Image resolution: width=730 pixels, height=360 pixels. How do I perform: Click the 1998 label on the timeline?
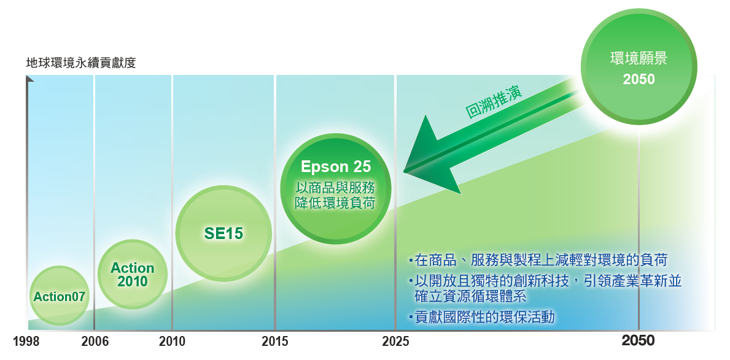26,342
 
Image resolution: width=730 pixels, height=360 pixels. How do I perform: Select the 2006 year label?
95,342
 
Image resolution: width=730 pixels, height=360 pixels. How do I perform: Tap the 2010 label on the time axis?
172,342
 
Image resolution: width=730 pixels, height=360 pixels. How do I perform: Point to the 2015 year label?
274,342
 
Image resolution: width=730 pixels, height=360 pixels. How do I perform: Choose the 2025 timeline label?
396,342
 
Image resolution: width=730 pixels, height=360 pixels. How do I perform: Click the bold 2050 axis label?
639,341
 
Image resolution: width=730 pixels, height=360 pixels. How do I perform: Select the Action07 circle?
59,295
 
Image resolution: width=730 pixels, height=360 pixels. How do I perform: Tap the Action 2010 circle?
133,275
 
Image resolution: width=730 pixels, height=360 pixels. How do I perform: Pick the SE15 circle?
223,233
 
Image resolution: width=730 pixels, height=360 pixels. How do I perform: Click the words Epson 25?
335,166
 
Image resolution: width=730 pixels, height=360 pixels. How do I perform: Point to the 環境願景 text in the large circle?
639,59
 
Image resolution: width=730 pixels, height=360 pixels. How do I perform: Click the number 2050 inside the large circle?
639,79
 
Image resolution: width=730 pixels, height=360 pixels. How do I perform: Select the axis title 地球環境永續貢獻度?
81,63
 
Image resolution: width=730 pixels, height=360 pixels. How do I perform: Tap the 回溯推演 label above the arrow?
494,101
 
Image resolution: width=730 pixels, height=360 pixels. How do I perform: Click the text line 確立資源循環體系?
470,295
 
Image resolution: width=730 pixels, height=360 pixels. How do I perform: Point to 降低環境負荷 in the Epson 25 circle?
335,203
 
